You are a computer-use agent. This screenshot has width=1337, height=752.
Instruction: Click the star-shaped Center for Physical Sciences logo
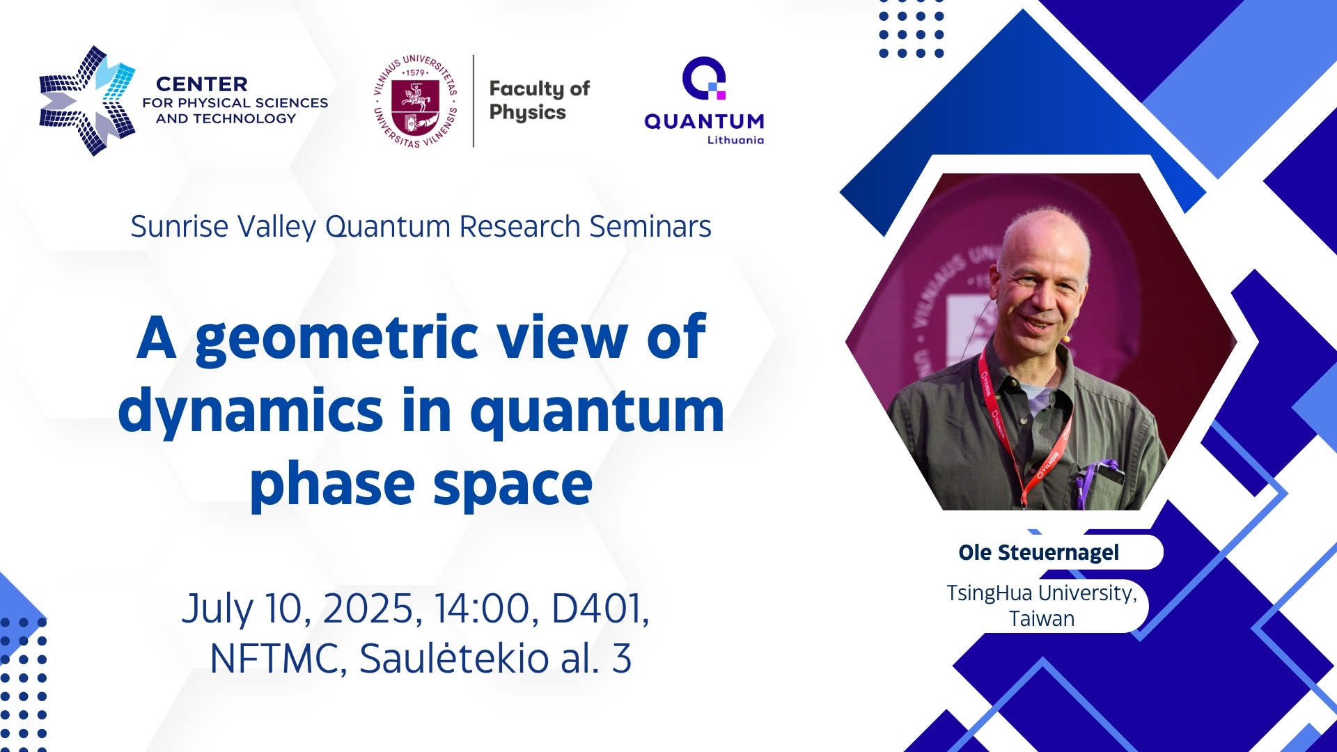pyautogui.click(x=87, y=101)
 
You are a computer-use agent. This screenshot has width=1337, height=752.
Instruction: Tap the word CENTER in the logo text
pyautogui.click(x=202, y=84)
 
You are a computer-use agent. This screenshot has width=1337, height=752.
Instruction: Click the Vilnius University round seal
pyautogui.click(x=416, y=101)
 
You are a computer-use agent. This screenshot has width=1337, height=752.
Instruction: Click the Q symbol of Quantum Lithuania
pyautogui.click(x=704, y=79)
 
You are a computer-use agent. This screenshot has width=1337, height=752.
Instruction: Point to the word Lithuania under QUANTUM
pyautogui.click(x=735, y=140)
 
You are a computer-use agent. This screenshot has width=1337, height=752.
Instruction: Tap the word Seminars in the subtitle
pyautogui.click(x=650, y=226)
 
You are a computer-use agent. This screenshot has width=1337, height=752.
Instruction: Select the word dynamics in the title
pyautogui.click(x=251, y=411)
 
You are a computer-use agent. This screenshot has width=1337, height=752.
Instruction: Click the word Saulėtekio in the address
pyautogui.click(x=454, y=658)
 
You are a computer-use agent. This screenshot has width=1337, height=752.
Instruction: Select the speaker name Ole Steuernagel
pyautogui.click(x=1039, y=553)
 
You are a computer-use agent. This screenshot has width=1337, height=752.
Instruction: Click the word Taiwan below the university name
pyautogui.click(x=1042, y=619)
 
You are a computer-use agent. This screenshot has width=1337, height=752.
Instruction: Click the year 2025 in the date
pyautogui.click(x=373, y=609)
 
